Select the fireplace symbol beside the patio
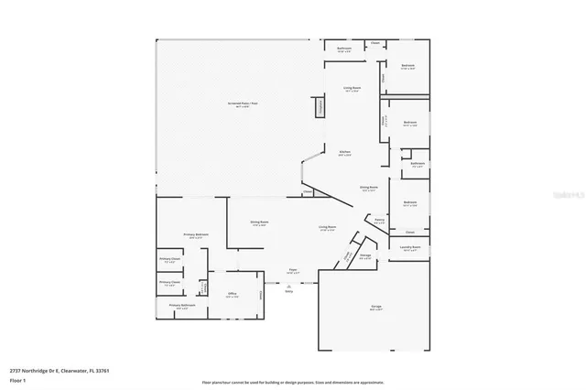(320, 108)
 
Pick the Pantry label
(379, 221)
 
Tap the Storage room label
(365, 256)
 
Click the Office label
(233, 295)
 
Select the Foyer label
(293, 271)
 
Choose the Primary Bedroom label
(196, 236)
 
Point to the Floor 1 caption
(18, 380)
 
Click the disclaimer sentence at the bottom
(294, 382)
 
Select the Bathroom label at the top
(344, 49)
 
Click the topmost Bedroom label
(408, 66)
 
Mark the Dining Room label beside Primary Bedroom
(259, 222)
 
